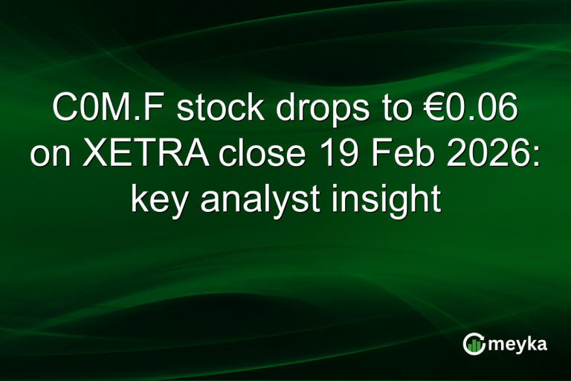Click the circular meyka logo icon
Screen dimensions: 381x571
coord(474,343)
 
